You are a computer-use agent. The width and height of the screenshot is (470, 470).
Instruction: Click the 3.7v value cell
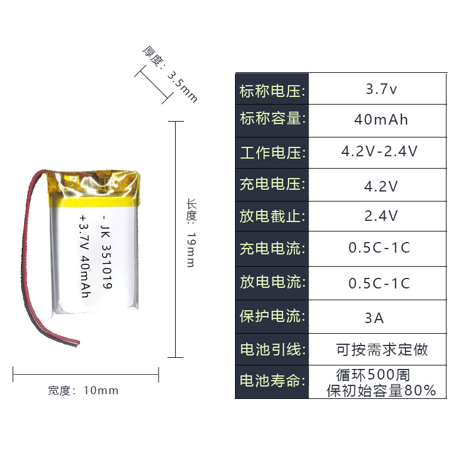point(381,90)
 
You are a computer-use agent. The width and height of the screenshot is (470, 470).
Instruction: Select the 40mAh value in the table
point(381,120)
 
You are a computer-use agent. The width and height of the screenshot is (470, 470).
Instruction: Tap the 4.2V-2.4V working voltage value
point(380,152)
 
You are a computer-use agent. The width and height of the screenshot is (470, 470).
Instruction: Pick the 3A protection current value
point(374,318)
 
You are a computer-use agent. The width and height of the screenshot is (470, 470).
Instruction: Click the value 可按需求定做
point(382,350)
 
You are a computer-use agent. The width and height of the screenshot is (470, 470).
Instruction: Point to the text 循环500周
point(373,374)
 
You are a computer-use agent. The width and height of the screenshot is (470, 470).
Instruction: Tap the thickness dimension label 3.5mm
point(183,87)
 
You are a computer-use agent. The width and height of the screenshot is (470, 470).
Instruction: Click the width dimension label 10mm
point(101,390)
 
